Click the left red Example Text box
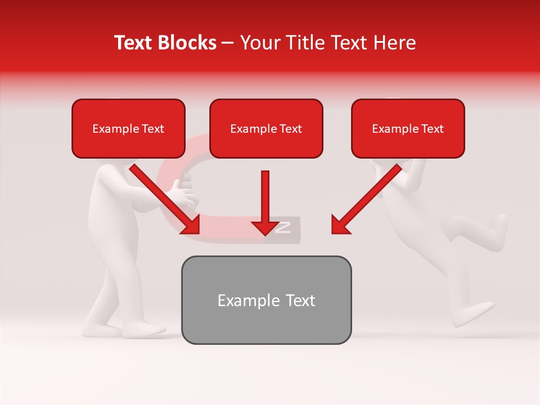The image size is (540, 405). point(128,129)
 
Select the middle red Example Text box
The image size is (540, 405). point(266,129)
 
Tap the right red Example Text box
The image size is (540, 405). point(408,129)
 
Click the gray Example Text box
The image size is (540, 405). point(266,300)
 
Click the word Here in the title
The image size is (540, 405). point(394,43)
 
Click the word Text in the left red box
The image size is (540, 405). point(152,129)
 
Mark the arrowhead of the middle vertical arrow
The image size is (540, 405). point(265,227)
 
